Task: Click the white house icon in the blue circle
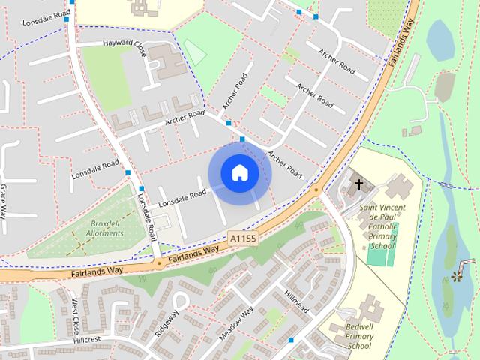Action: pyautogui.click(x=239, y=172)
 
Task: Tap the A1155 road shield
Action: pyautogui.click(x=243, y=238)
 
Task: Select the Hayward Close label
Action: pyautogui.click(x=124, y=44)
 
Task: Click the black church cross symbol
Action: pyautogui.click(x=358, y=184)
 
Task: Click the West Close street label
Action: pyautogui.click(x=76, y=316)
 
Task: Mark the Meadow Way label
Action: pyautogui.click(x=237, y=323)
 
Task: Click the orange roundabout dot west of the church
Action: pyautogui.click(x=316, y=190)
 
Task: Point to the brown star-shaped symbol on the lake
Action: pyautogui.click(x=457, y=277)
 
